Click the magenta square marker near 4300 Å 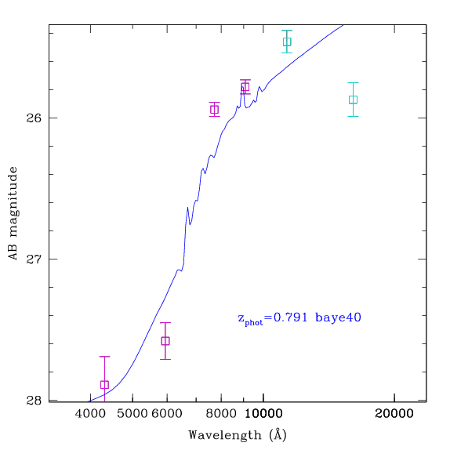tap(104, 385)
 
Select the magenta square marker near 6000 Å tap(165, 341)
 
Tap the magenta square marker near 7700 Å tap(214, 109)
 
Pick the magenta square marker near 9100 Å tap(245, 86)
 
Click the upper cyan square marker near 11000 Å tap(287, 42)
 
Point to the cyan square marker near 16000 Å tap(353, 100)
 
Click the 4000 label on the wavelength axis tap(90, 414)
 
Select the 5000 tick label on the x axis tap(132, 414)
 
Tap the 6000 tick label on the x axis tap(167, 414)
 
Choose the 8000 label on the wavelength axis tap(221, 414)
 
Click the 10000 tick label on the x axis tap(263, 414)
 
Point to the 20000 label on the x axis tap(394, 414)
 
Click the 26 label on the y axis tap(34, 118)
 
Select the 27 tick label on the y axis tap(34, 259)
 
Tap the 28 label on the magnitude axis tap(34, 400)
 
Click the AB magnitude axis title tap(13, 213)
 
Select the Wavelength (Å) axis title tap(238, 435)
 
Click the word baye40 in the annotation tap(338, 318)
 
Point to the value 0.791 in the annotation tap(290, 318)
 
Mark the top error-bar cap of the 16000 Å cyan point tap(353, 82)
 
